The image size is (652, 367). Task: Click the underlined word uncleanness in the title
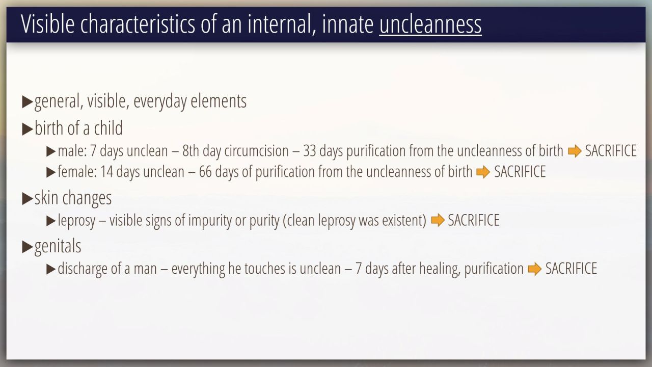[x=430, y=24]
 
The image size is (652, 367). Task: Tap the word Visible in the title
[x=48, y=23]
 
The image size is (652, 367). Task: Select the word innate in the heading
[x=347, y=24]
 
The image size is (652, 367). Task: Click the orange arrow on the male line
[x=575, y=151]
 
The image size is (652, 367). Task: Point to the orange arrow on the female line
[x=483, y=172]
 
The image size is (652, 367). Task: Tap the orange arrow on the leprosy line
[x=438, y=220]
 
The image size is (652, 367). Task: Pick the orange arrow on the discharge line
[x=535, y=269]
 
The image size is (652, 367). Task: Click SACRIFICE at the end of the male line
[x=611, y=151]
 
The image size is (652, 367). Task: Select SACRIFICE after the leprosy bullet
[x=474, y=220]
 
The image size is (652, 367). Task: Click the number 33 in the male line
[x=309, y=151]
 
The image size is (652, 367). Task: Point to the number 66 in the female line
[x=205, y=172]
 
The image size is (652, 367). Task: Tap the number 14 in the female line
[x=106, y=172]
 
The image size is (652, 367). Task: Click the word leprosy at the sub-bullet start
[x=76, y=221]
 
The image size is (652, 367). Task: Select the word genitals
[x=58, y=246]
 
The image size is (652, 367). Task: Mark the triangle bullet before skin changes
[x=28, y=198]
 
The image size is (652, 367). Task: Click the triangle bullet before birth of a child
[x=28, y=129]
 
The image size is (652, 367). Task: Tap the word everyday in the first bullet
[x=160, y=101]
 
